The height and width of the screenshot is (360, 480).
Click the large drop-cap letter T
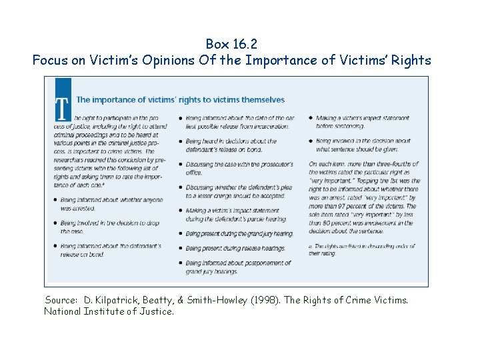[63, 110]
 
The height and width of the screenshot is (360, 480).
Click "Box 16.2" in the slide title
[231, 44]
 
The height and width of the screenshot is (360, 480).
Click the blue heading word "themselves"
[262, 100]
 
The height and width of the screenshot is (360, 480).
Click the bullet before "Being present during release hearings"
[181, 249]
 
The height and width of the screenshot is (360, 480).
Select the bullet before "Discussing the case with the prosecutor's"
[181, 165]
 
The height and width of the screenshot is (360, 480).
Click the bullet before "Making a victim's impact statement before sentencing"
[311, 118]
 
